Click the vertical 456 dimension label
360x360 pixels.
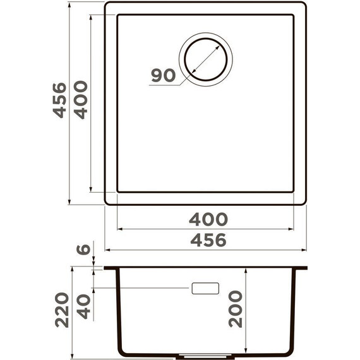[59, 100]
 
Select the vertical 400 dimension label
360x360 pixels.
[80, 100]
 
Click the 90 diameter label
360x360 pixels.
[162, 76]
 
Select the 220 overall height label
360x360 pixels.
[61, 309]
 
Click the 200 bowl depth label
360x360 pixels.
[235, 309]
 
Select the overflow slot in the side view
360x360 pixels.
[205, 289]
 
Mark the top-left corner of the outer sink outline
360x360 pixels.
[106, 4]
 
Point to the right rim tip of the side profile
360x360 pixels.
[306, 268]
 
